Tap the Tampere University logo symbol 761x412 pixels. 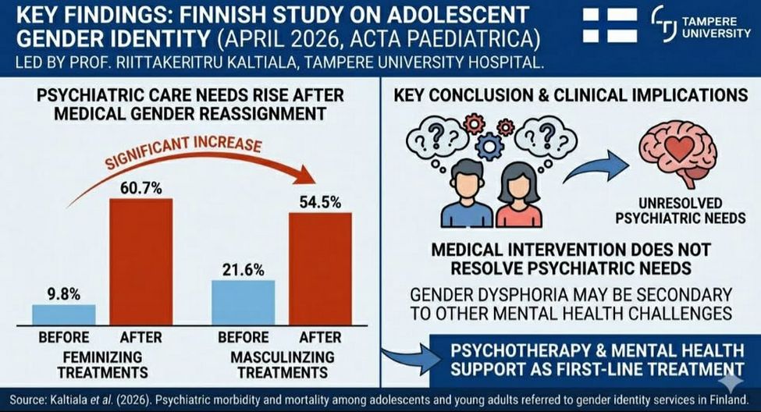click(664, 25)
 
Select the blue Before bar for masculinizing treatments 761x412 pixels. click(244, 302)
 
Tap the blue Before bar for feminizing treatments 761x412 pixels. click(64, 314)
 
